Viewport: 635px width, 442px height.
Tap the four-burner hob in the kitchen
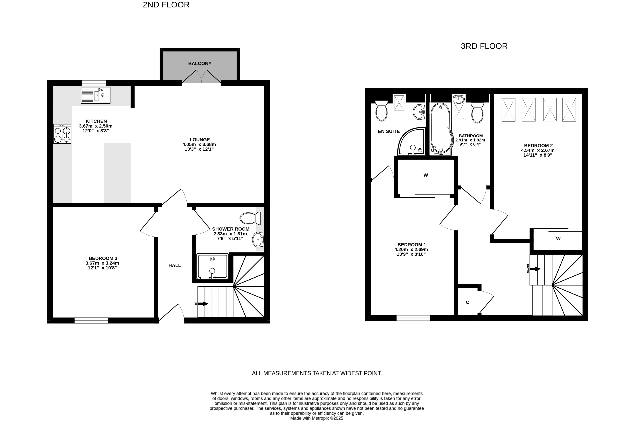[62, 134]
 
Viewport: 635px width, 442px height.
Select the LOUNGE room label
[200, 140]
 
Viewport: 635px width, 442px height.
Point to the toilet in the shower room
[250, 218]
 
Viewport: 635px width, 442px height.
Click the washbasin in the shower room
[258, 240]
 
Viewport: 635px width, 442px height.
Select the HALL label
[175, 265]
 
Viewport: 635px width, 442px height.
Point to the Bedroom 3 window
[91, 320]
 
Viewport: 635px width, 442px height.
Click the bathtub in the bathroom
[441, 129]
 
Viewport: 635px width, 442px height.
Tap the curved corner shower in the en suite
[411, 141]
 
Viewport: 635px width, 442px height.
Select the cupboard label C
[468, 302]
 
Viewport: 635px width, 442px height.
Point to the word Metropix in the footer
[321, 418]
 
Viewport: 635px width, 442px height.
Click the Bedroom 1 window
[413, 318]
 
